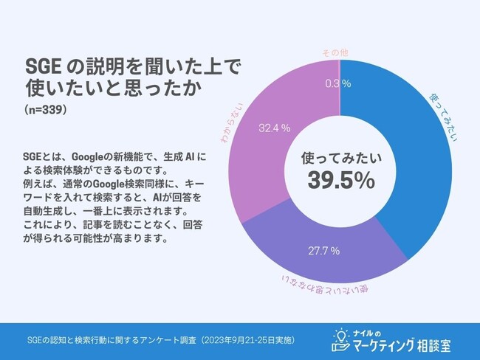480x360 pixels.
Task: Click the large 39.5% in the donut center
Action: coord(340,180)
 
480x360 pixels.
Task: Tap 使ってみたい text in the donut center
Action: coord(340,158)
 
